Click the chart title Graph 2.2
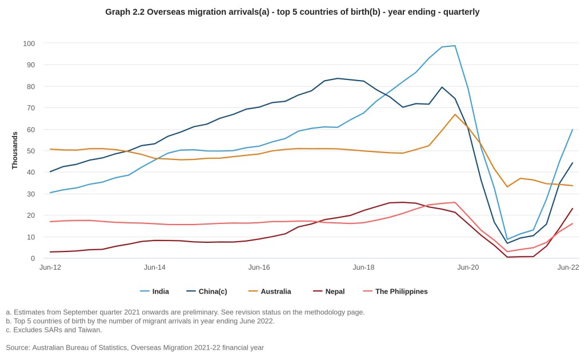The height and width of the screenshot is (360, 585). (292, 12)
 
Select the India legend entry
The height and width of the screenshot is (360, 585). (161, 291)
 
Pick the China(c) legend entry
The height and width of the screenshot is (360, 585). (213, 291)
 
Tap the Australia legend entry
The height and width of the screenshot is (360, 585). (275, 291)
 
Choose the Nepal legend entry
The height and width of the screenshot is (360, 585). (335, 291)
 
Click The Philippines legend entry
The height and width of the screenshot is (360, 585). (401, 291)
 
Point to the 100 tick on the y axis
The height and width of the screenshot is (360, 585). (29, 43)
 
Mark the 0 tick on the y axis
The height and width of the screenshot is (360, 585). (33, 258)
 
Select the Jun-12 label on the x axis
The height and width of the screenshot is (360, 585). (50, 267)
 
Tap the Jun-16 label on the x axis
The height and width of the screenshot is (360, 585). (259, 267)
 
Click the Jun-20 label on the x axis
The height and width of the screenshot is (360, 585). (468, 267)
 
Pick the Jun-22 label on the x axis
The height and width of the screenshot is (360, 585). (568, 267)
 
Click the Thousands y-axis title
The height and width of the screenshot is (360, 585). (15, 150)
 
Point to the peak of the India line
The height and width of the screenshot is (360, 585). (455, 46)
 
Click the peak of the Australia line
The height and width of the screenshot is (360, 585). (455, 114)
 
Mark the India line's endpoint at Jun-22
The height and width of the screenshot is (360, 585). (572, 129)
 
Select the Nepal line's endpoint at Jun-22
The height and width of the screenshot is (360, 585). (572, 209)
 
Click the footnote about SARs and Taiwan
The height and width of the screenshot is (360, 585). (54, 330)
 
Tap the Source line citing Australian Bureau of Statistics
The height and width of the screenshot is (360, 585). (135, 347)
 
